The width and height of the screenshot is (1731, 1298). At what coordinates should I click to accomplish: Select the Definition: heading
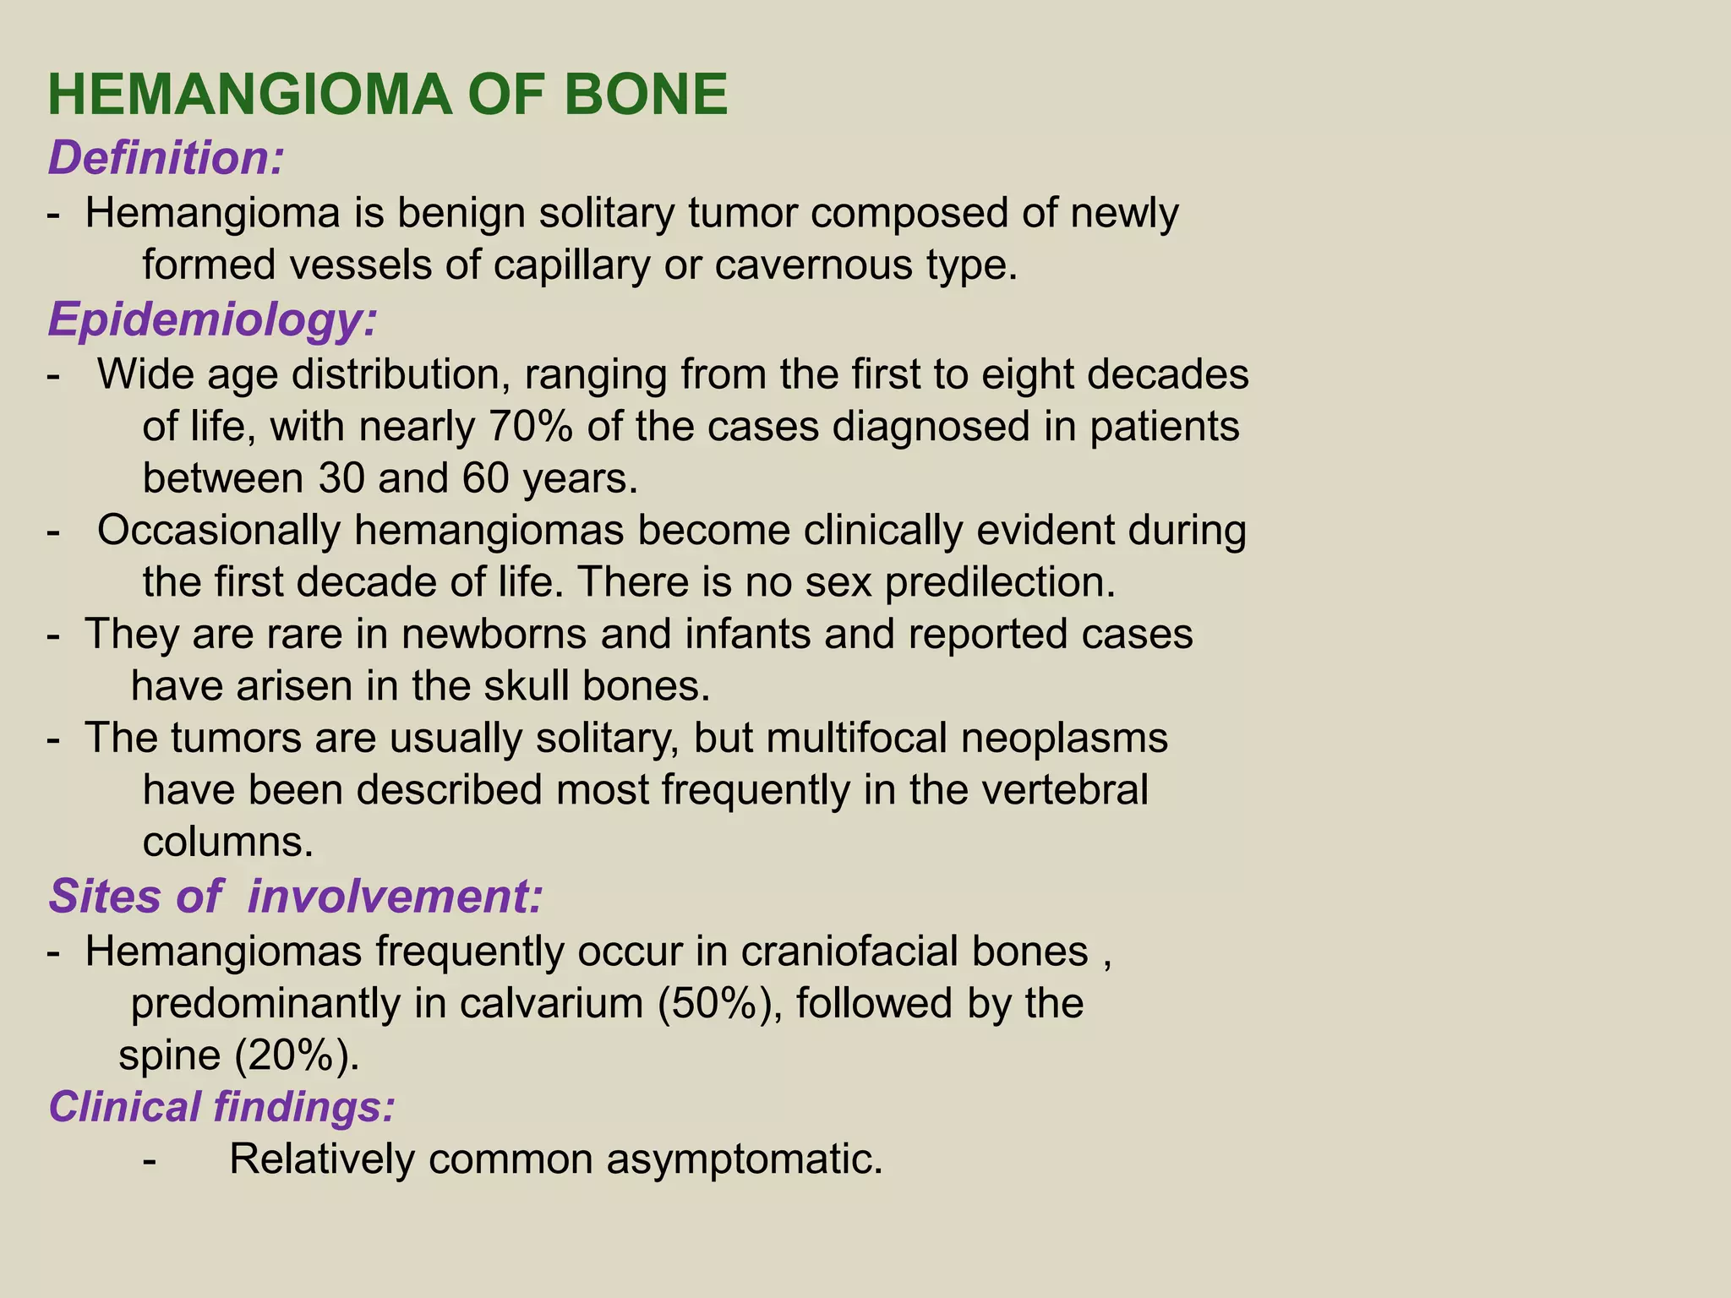click(166, 158)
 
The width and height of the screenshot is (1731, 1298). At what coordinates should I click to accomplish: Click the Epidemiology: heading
click(212, 320)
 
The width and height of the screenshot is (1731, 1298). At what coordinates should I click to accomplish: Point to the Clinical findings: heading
click(221, 1106)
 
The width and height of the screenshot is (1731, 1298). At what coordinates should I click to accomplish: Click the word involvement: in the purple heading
click(394, 897)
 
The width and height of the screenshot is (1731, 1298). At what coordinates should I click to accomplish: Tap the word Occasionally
click(219, 531)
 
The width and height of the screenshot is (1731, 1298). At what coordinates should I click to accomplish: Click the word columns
click(228, 843)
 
